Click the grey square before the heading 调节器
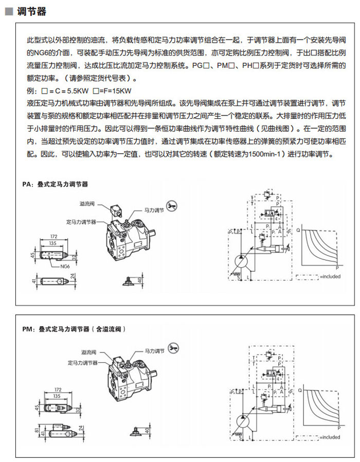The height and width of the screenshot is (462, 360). point(9,12)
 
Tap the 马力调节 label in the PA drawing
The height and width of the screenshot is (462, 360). point(153,210)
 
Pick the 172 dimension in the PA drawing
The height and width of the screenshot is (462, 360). point(53,236)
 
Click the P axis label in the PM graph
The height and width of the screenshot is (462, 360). point(339,428)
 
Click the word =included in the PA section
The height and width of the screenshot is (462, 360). point(330,276)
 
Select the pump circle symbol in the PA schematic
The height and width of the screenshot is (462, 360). point(242,261)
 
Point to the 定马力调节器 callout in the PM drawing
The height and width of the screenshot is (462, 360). point(83,363)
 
